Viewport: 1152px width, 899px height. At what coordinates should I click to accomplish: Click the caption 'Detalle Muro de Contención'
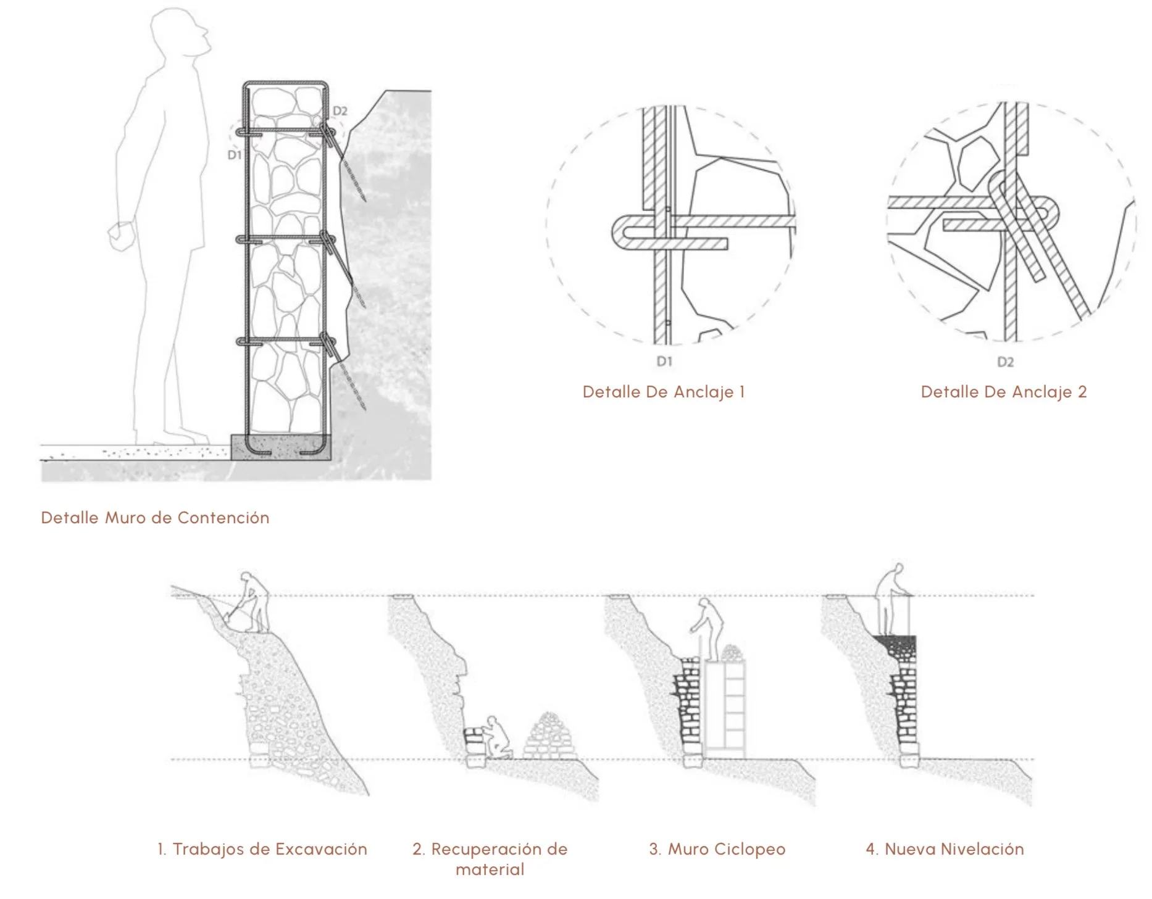[155, 518]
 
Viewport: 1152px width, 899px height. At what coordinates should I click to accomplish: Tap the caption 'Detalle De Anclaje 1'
[664, 392]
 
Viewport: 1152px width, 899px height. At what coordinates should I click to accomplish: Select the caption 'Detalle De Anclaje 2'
[1003, 392]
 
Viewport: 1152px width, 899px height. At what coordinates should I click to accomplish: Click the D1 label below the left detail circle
[664, 362]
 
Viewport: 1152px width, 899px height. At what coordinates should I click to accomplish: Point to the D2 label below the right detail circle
[1005, 362]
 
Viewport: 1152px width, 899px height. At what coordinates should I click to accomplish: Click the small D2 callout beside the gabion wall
[340, 111]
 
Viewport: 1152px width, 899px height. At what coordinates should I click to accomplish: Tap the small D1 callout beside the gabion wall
[235, 155]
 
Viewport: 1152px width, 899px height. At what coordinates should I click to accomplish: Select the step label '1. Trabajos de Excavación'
[262, 849]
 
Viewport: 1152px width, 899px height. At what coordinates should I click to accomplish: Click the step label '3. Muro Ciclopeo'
[717, 849]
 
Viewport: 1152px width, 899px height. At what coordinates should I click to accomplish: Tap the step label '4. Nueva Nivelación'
[945, 849]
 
